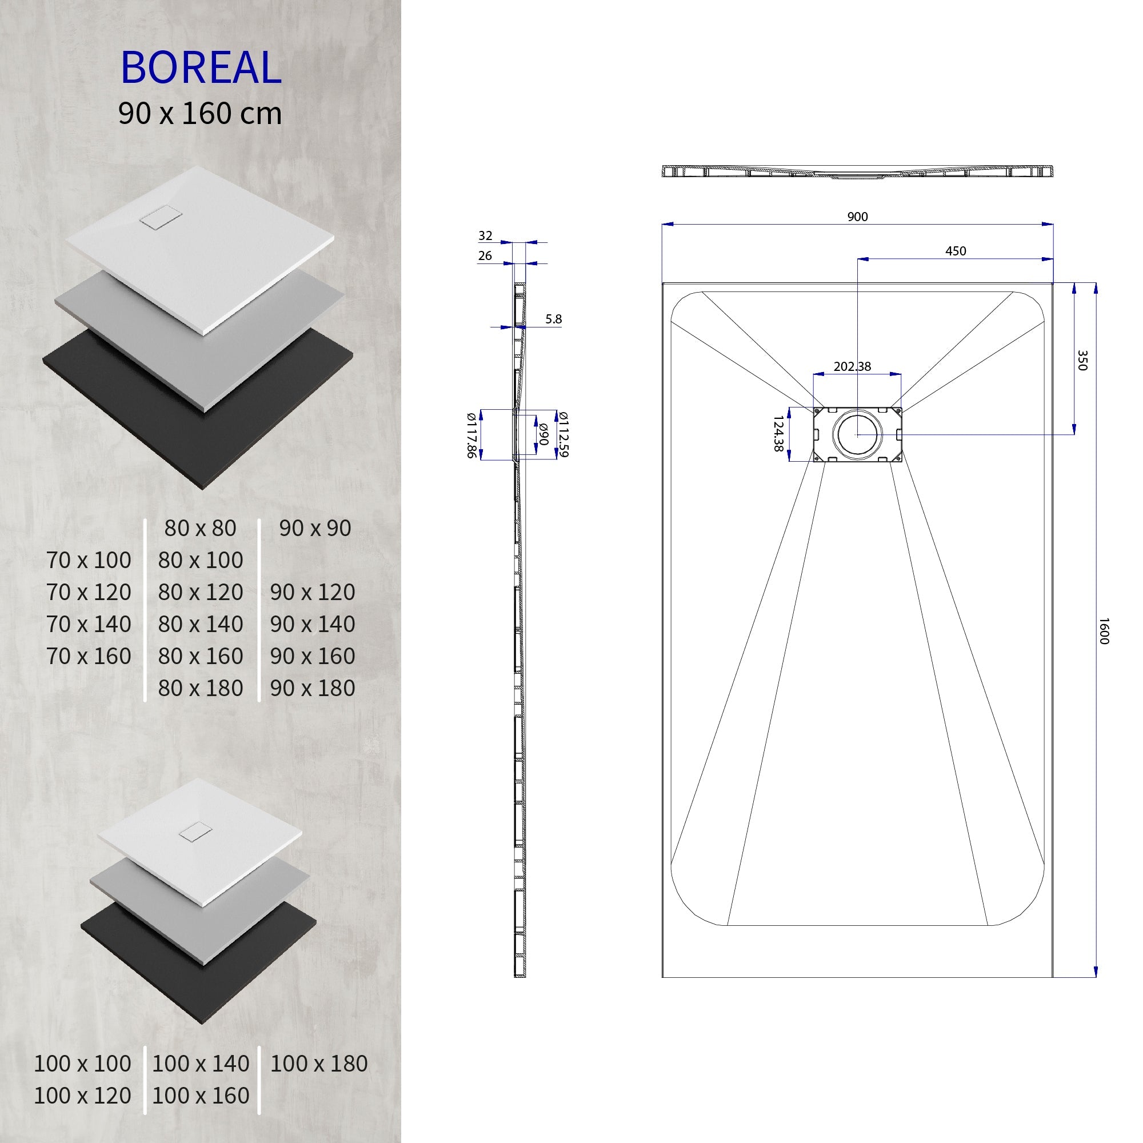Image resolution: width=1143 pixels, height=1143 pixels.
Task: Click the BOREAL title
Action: tap(201, 68)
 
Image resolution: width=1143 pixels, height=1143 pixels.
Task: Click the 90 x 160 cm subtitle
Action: tap(200, 114)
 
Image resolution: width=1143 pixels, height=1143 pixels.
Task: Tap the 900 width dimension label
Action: tap(857, 217)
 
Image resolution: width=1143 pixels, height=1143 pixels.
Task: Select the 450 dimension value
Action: tap(956, 251)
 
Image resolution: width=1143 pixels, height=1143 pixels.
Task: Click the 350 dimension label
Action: tap(1082, 360)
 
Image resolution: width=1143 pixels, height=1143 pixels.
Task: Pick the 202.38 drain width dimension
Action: tap(852, 367)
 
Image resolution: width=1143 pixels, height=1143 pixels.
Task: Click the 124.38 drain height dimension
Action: tap(778, 434)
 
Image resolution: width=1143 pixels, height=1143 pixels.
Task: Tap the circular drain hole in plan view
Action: tap(857, 434)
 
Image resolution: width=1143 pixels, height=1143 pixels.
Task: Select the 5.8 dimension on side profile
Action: tap(553, 319)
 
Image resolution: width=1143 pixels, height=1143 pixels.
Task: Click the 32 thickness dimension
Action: tap(485, 236)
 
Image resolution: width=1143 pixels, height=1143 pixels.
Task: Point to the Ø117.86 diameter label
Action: tap(471, 435)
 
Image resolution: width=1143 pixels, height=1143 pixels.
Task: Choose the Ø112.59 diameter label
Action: tap(564, 434)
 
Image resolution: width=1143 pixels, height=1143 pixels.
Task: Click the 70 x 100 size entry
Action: tap(89, 559)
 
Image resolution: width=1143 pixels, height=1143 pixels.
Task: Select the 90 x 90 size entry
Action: tap(315, 527)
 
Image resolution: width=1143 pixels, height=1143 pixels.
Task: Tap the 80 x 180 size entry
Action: tap(201, 688)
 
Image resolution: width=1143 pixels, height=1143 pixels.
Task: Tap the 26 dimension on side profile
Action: tap(485, 255)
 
